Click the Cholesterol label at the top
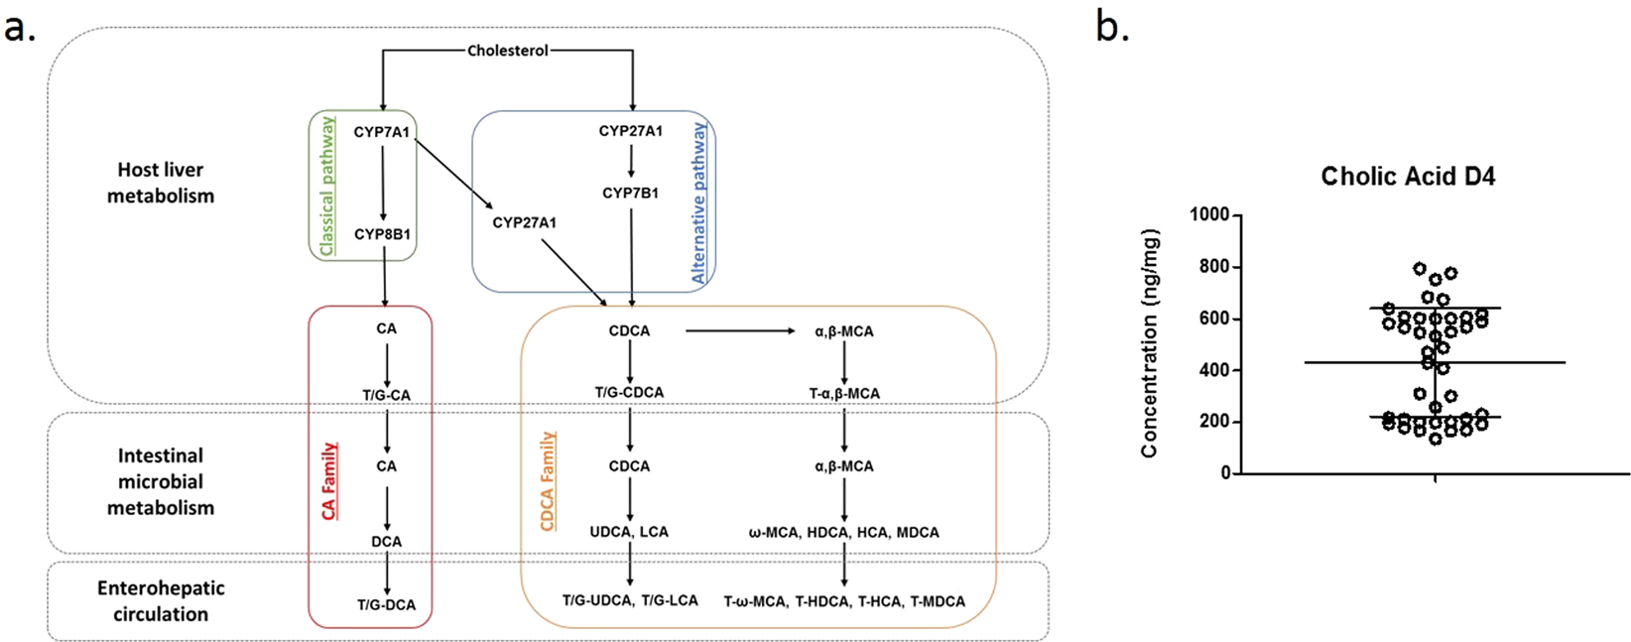508,51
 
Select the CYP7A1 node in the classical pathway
382,131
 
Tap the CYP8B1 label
383,235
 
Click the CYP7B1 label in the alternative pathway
630,193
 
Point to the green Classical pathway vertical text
327,187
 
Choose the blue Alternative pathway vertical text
699,203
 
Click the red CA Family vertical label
329,481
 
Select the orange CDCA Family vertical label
547,481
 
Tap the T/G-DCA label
386,604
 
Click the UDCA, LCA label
629,532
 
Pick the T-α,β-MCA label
844,393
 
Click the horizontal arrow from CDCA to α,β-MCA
739,330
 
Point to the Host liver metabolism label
160,183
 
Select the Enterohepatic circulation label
160,600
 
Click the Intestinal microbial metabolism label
160,481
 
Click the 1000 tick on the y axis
1208,215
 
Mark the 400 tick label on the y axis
1214,370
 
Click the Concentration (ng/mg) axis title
1149,343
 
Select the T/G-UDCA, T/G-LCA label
630,600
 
